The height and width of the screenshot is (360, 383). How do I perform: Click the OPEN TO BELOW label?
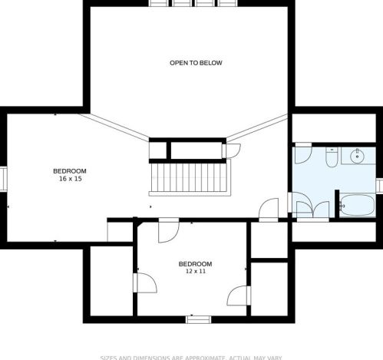coord(196,63)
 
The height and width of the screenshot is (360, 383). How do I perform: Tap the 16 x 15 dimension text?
coord(69,178)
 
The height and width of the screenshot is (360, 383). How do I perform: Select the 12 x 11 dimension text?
coord(195,271)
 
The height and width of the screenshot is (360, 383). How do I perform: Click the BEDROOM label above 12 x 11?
coord(195,263)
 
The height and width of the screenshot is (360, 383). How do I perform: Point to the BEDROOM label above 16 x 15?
coord(69,170)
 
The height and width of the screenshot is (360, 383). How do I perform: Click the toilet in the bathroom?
coord(331,157)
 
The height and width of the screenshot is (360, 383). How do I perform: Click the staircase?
coord(190,178)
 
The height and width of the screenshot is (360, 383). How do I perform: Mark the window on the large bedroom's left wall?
coord(3,178)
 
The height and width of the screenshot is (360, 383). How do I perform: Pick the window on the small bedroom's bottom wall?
coord(197,319)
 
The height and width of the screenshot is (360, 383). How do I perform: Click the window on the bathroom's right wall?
coord(379,185)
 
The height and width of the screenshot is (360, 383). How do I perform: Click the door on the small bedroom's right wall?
coord(239,293)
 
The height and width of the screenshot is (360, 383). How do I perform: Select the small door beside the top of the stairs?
coord(233,150)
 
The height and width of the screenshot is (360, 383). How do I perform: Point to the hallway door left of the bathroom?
coord(269,210)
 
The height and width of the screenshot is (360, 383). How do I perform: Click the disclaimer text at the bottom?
coord(192,357)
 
